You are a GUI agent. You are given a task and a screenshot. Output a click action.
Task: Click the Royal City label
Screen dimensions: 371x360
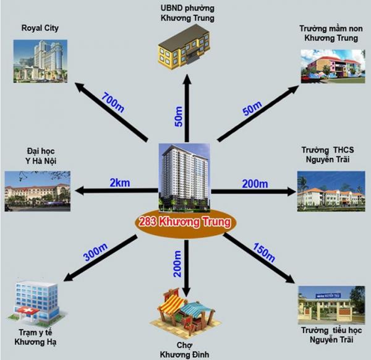pyautogui.click(x=40, y=28)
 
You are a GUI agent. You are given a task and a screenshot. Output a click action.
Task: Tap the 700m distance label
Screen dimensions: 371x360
pyautogui.click(x=113, y=103)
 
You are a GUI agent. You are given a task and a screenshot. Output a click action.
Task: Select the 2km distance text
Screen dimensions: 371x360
pyautogui.click(x=120, y=182)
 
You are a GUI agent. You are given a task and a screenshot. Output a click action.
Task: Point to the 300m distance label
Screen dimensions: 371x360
pyautogui.click(x=95, y=252)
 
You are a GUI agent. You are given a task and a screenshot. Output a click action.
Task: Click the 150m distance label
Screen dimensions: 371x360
pyautogui.click(x=264, y=252)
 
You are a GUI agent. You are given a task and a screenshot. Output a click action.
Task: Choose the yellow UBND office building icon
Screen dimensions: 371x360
pyautogui.click(x=184, y=47)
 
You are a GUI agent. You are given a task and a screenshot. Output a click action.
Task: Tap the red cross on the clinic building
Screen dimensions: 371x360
pyautogui.click(x=27, y=310)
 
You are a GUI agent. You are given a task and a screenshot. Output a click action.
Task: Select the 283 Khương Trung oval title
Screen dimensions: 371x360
pyautogui.click(x=185, y=222)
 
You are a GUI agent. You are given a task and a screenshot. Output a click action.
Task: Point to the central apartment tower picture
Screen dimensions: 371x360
pyautogui.click(x=184, y=178)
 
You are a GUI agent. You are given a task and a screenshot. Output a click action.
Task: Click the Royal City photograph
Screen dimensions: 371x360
pyautogui.click(x=40, y=61)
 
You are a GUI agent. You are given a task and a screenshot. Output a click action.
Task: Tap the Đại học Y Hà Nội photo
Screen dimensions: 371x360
pyautogui.click(x=37, y=191)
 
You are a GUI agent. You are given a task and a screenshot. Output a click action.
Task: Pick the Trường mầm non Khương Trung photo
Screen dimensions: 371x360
pyautogui.click(x=333, y=66)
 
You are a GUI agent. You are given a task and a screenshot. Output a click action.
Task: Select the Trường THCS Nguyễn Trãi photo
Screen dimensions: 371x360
pyautogui.click(x=331, y=191)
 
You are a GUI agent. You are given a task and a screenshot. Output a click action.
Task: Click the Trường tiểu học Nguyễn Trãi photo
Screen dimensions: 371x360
pyautogui.click(x=331, y=305)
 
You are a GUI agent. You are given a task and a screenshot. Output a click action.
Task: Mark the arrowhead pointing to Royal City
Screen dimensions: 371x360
pyautogui.click(x=81, y=87)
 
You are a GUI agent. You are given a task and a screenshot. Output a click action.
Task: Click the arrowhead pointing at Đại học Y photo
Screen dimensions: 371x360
pyautogui.click(x=80, y=191)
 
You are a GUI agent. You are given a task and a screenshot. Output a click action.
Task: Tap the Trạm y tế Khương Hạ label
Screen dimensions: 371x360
pyautogui.click(x=35, y=337)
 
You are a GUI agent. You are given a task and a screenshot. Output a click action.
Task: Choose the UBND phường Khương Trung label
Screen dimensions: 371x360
pyautogui.click(x=187, y=13)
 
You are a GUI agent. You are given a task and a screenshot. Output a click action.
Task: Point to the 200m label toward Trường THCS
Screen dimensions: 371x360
pyautogui.click(x=255, y=184)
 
